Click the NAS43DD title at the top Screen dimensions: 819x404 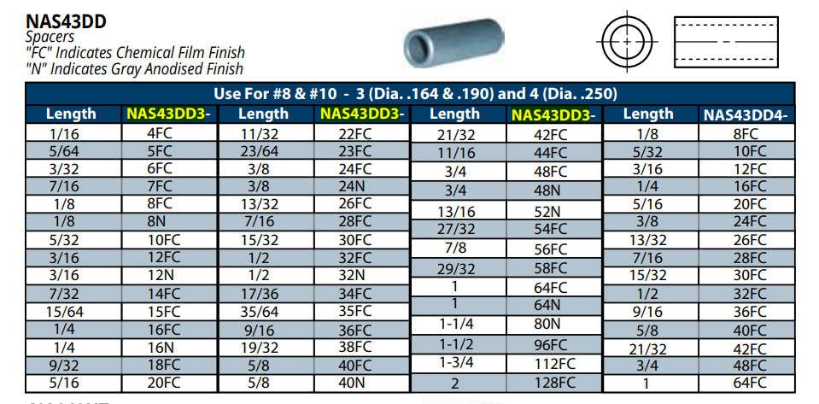click(x=66, y=21)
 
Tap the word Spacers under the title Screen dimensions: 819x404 click(x=50, y=37)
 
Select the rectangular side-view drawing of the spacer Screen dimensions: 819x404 click(x=726, y=42)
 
